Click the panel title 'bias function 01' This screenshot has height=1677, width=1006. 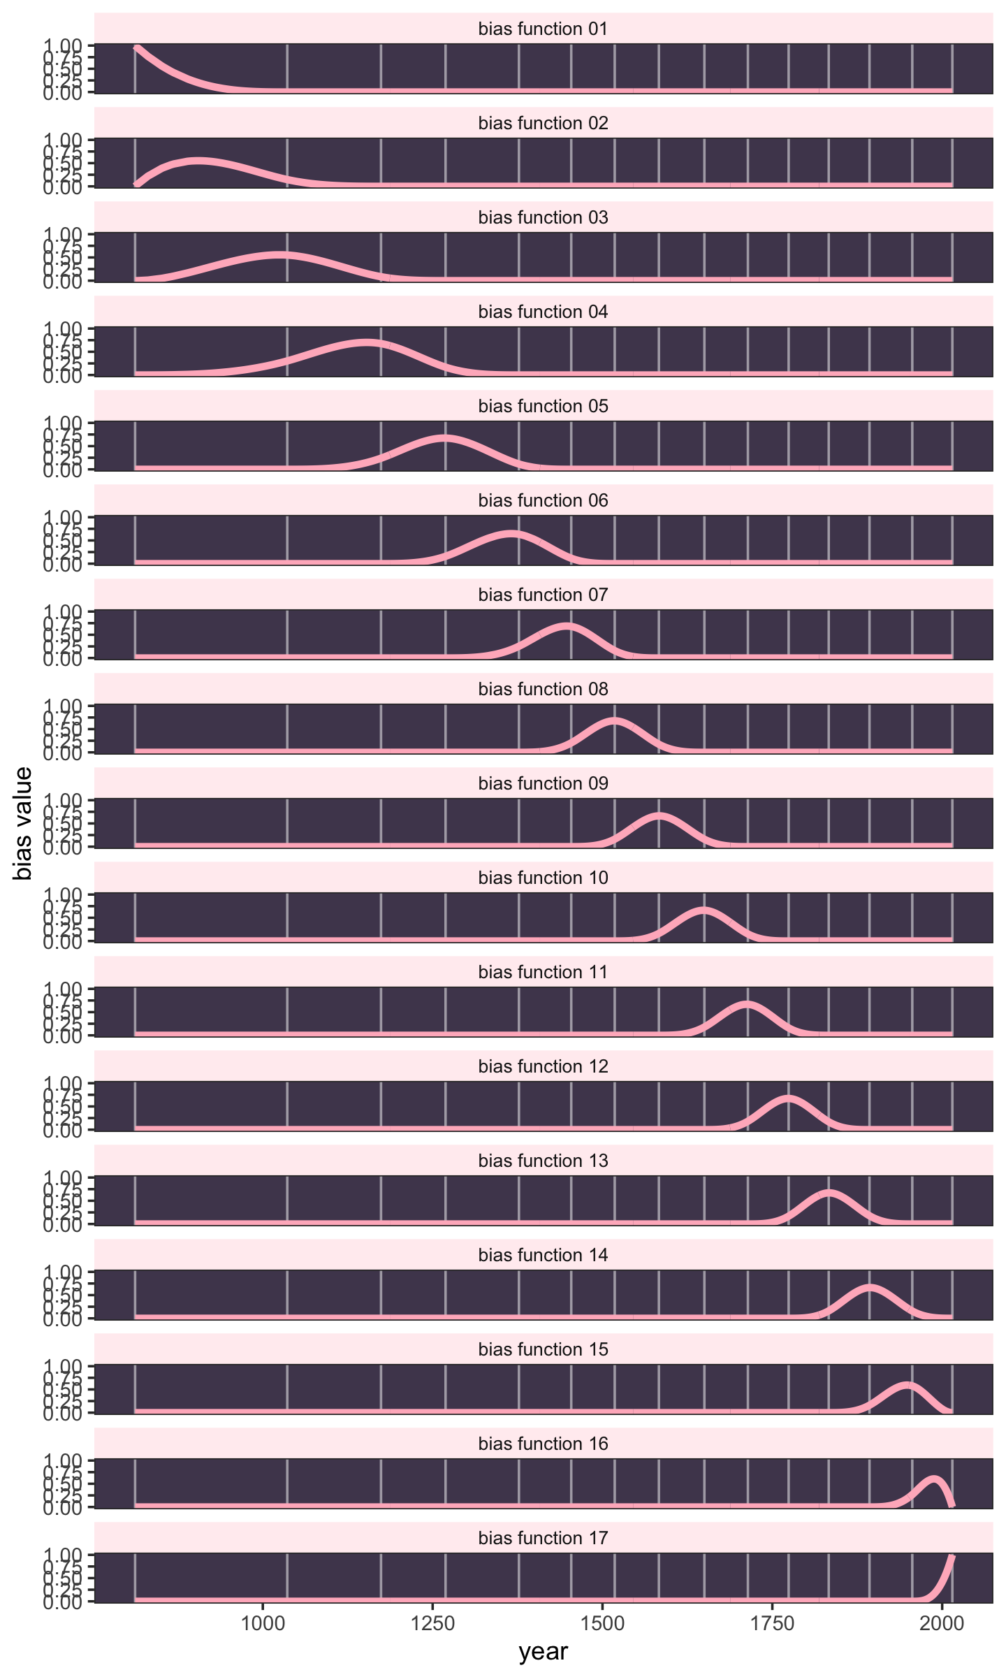543,29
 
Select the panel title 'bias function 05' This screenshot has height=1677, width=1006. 543,406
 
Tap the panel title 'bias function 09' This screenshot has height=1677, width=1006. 543,783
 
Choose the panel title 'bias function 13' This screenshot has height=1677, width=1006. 543,1161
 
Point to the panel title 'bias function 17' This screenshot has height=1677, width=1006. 543,1538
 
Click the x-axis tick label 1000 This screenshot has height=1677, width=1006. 263,1622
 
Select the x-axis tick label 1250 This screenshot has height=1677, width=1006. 433,1622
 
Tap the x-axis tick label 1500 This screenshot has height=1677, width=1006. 603,1622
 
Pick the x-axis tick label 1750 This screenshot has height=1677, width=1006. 773,1622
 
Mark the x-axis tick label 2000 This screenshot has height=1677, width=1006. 942,1622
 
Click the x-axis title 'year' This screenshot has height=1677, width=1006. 543,1652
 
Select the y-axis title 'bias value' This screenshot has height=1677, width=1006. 24,823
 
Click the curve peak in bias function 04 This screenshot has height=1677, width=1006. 366,342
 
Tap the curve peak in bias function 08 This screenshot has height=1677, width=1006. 614,720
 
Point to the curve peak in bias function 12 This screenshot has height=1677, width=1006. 788,1098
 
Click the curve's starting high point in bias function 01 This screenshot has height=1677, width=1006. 137,48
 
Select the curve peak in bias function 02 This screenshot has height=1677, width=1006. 199,161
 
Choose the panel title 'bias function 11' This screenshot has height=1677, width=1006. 543,972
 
